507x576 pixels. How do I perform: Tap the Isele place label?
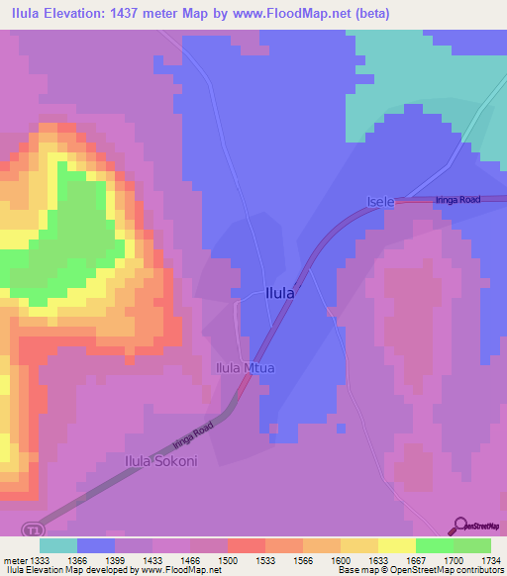tap(381, 202)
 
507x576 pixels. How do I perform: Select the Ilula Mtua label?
tap(245, 368)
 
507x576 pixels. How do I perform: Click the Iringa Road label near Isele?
tap(457, 200)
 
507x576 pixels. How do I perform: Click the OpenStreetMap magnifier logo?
tap(459, 525)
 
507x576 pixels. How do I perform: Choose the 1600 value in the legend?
tap(340, 560)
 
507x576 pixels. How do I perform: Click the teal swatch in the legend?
tap(58, 545)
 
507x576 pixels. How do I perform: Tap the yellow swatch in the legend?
tap(396, 545)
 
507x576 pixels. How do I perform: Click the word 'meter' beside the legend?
tap(15, 560)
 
